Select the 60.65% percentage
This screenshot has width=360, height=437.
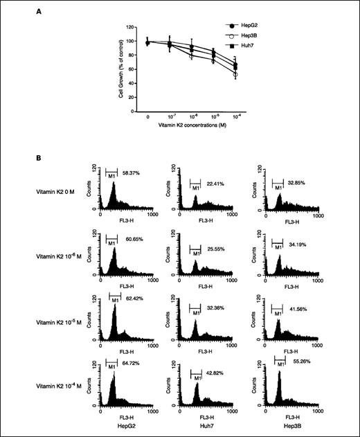(x=131, y=237)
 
